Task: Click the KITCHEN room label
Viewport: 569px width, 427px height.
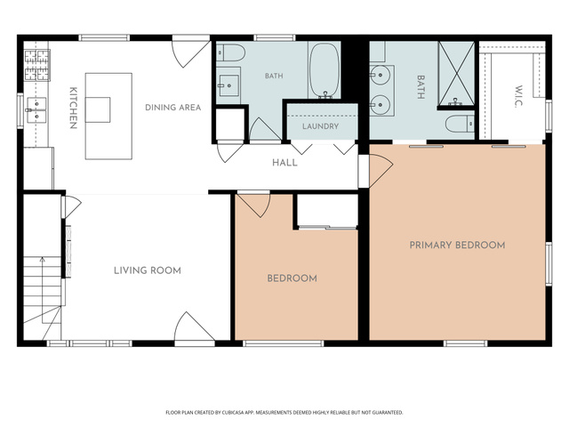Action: tap(73, 108)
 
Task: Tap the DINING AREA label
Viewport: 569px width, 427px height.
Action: tap(173, 108)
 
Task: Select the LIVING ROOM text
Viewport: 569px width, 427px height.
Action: tap(148, 270)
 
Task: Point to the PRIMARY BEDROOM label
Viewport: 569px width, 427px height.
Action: tap(457, 246)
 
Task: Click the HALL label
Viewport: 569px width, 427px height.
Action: tap(284, 163)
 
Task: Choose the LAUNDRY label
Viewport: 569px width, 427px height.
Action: tap(320, 126)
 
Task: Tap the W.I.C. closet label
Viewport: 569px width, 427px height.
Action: tap(518, 96)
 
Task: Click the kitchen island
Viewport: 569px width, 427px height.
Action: tap(108, 117)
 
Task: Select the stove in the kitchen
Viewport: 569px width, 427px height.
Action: tap(37, 65)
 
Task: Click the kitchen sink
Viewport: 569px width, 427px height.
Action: tap(36, 110)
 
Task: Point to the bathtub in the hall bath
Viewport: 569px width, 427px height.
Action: tap(324, 70)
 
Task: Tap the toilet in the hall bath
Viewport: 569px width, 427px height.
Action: tap(230, 52)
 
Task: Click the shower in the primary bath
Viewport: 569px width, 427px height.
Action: tap(456, 74)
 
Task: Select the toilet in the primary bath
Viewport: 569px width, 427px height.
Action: tap(460, 124)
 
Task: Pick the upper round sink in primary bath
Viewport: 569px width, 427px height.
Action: tap(380, 75)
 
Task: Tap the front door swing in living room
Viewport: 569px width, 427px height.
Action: tap(195, 326)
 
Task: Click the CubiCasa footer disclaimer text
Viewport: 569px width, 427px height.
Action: tap(284, 413)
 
